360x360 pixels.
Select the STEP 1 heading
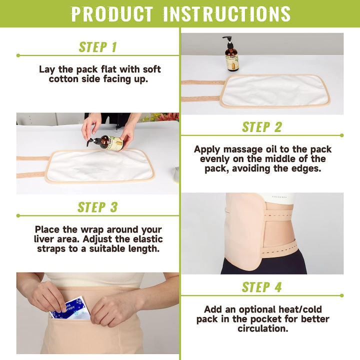point(97,47)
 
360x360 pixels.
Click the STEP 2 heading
point(262,127)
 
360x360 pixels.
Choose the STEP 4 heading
point(262,287)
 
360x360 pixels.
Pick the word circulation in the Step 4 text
point(262,328)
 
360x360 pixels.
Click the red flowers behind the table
point(167,117)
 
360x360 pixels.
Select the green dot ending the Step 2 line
point(341,135)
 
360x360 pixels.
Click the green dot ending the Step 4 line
point(341,295)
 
